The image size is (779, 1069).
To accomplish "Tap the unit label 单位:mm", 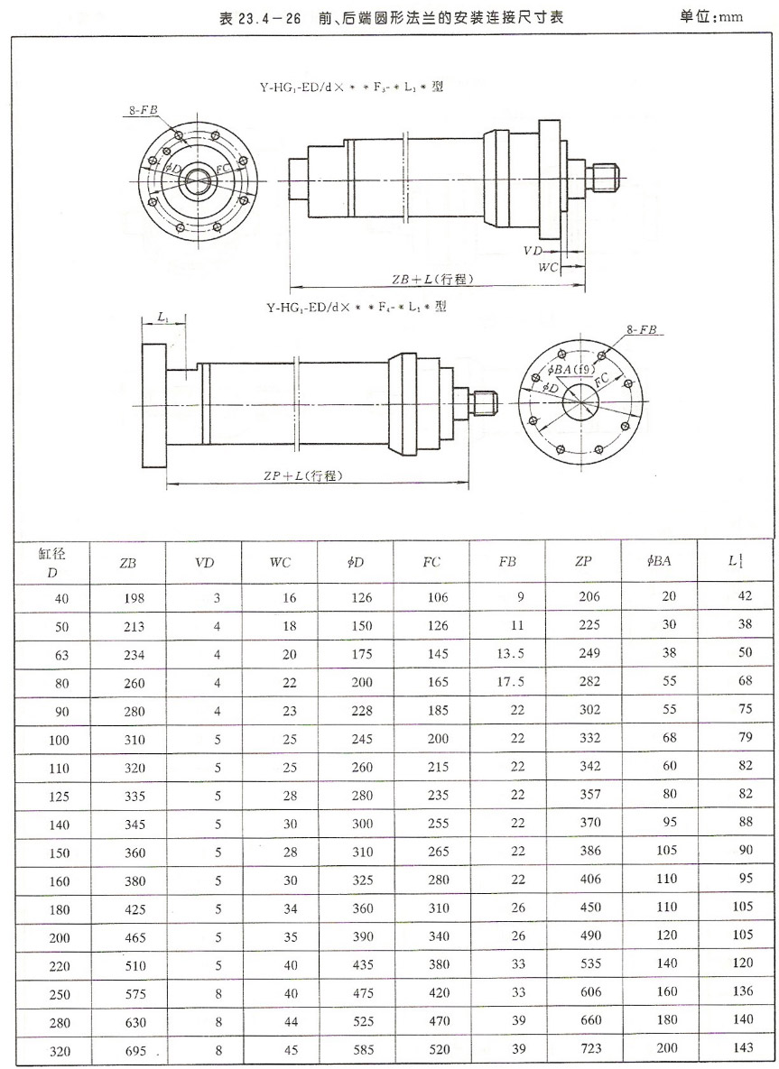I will click(x=719, y=17).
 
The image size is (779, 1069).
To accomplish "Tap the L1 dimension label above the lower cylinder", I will click(x=162, y=318).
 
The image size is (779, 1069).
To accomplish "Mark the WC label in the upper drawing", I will click(x=548, y=268).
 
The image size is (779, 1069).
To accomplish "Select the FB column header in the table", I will click(x=507, y=562).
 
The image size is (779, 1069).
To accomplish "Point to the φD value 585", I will click(x=356, y=1051).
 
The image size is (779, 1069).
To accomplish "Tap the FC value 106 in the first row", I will click(x=431, y=596).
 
